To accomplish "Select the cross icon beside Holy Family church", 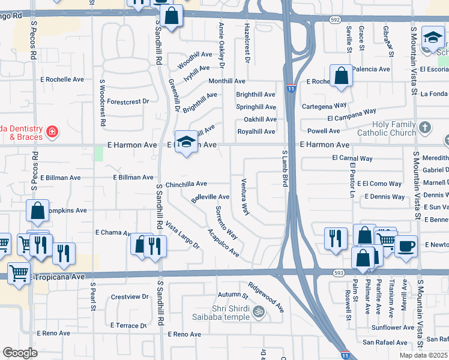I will (425, 127).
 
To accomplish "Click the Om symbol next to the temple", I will (259, 311).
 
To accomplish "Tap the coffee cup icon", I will (406, 246).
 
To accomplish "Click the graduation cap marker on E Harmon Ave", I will (187, 142).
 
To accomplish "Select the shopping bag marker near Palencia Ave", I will (341, 77).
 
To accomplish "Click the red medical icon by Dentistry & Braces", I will (53, 130).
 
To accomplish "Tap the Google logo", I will (20, 353).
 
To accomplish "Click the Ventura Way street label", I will (244, 197).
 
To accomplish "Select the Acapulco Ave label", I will (223, 244).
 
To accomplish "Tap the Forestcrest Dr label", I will (128, 101).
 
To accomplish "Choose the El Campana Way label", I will (352, 115).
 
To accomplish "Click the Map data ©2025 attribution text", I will (423, 355).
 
